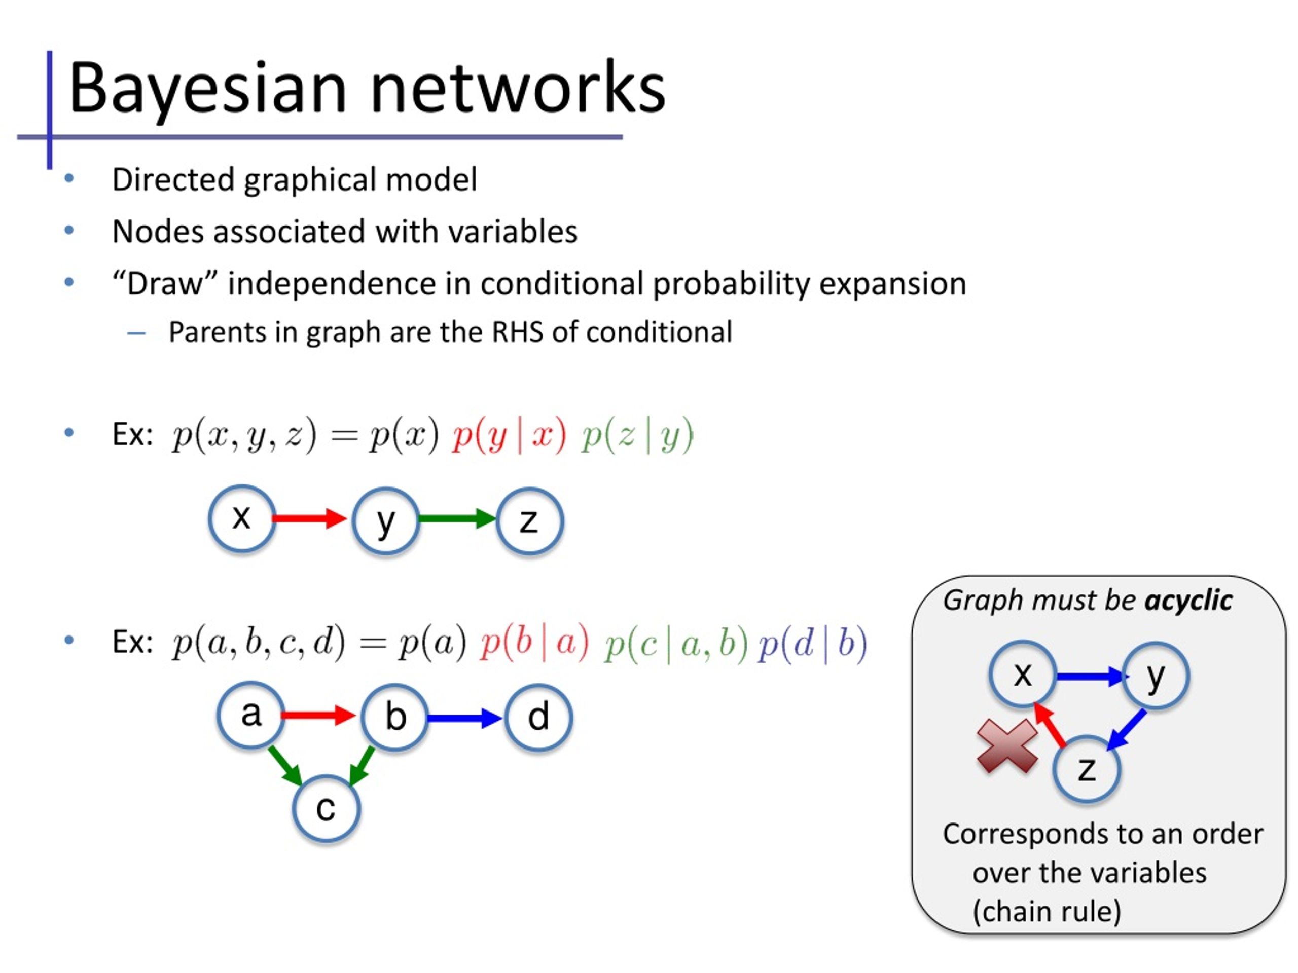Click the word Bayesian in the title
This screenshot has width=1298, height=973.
pyautogui.click(x=208, y=88)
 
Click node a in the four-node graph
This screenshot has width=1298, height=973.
pyautogui.click(x=251, y=716)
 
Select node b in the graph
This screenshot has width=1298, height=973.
pyautogui.click(x=395, y=717)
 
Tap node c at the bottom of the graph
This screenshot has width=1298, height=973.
pyautogui.click(x=326, y=809)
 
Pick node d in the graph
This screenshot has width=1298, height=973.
pyautogui.click(x=538, y=717)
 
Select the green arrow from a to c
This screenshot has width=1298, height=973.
pyautogui.click(x=285, y=765)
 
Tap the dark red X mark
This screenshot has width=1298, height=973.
pyautogui.click(x=1007, y=746)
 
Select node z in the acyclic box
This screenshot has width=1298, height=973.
pyautogui.click(x=1087, y=769)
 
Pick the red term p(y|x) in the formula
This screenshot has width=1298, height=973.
pyautogui.click(x=509, y=436)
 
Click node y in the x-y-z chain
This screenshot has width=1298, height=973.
pyautogui.click(x=385, y=520)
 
